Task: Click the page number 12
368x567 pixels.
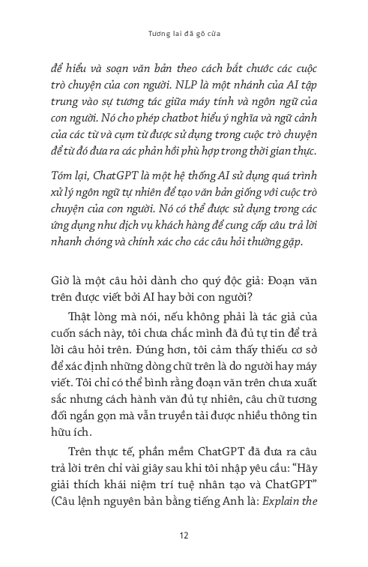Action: [184, 535]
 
